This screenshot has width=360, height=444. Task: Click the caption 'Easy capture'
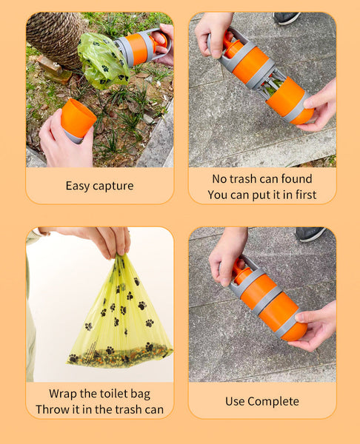click(x=99, y=186)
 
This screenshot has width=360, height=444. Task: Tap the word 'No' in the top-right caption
click(x=220, y=179)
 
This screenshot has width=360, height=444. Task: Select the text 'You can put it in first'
click(x=261, y=195)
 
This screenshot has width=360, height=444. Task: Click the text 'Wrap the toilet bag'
click(x=99, y=394)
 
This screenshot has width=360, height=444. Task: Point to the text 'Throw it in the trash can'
click(x=99, y=409)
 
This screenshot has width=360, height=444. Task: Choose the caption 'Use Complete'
click(x=261, y=401)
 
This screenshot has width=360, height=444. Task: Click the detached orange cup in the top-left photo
click(x=77, y=118)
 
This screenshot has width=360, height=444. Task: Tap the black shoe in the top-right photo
click(x=287, y=18)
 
